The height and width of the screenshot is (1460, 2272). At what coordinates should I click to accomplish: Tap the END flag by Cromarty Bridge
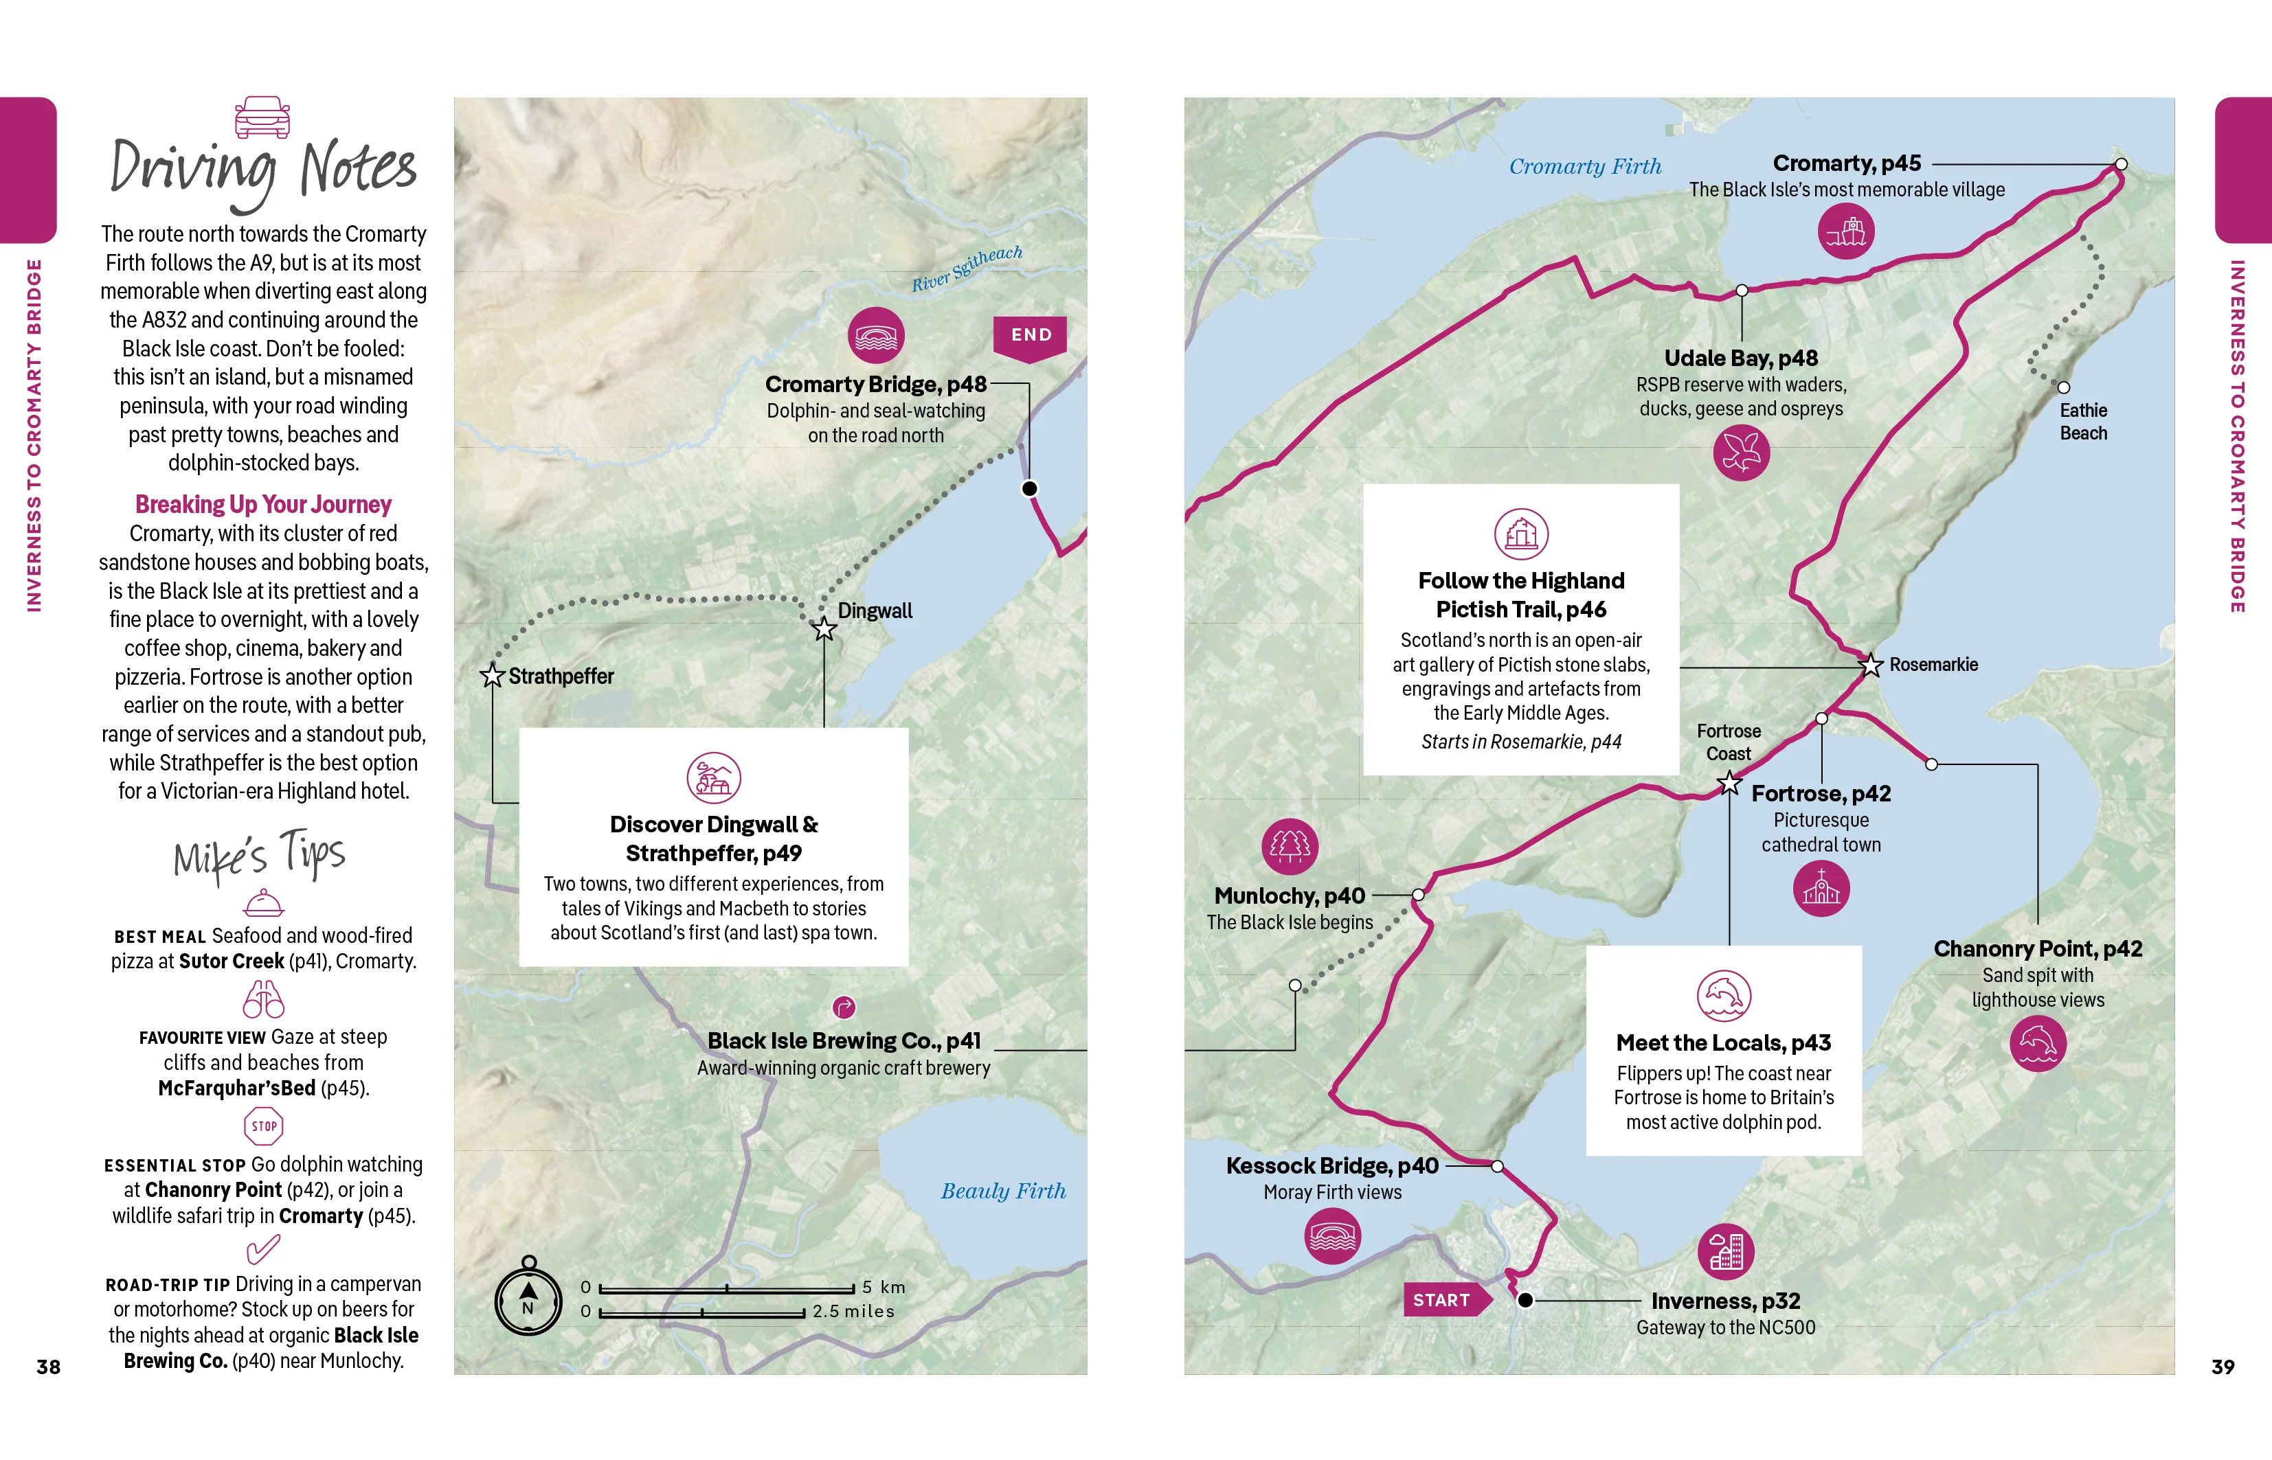pos(1030,337)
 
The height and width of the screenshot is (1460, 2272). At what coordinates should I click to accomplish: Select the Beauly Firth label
pos(1003,1191)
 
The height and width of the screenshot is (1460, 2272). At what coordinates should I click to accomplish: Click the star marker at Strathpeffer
pos(492,675)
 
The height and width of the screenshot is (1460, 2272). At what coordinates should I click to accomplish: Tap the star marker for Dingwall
pos(824,628)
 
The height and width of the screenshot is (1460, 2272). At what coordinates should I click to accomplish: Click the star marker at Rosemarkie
pos(1870,665)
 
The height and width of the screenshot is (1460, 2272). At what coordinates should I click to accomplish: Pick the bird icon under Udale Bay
pos(1741,453)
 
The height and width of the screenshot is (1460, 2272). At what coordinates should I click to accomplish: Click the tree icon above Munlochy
pos(1290,845)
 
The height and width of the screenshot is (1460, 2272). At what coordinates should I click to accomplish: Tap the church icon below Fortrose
pos(1821,889)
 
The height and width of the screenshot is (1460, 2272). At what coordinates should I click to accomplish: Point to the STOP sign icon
pos(264,1126)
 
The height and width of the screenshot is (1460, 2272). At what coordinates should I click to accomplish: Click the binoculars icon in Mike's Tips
pos(264,999)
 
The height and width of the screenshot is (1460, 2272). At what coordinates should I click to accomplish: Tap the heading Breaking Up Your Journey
pos(264,504)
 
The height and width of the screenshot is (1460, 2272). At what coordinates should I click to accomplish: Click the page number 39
pos(2223,1367)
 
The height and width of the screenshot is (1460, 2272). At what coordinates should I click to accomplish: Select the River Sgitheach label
pos(967,269)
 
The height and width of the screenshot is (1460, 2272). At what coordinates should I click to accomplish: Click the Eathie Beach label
pos(2083,422)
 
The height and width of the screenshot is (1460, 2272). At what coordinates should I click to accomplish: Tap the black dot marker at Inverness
pos(1525,1301)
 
